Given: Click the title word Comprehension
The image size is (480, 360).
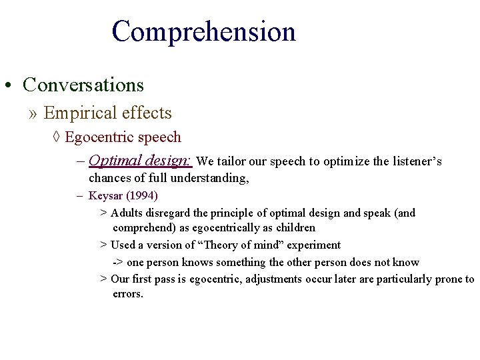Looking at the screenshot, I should click(x=203, y=32).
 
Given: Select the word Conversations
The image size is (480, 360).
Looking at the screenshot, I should click(x=83, y=85).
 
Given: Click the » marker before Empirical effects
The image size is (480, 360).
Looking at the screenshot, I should click(x=33, y=114).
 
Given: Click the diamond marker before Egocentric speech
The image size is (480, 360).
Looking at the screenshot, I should click(x=57, y=138).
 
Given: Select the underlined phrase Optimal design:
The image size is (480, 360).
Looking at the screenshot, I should click(x=141, y=161).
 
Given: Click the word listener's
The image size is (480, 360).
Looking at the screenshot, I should click(x=415, y=162).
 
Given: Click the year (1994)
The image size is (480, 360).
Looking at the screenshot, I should click(x=141, y=197).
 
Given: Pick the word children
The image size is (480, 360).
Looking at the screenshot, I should click(x=293, y=228).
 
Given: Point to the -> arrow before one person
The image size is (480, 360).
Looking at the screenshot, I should click(x=117, y=263).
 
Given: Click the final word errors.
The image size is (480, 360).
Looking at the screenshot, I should click(x=127, y=294).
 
